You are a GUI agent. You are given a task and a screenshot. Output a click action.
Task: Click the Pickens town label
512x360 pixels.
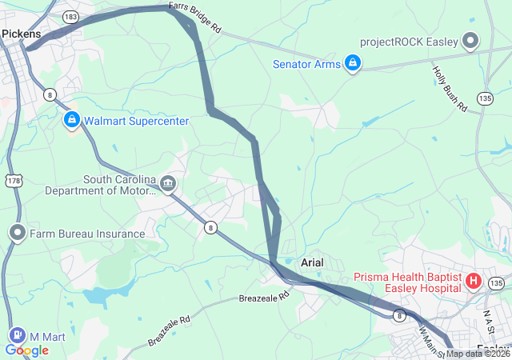pos(22,34)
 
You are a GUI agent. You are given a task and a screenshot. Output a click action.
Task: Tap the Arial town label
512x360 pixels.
pos(315,262)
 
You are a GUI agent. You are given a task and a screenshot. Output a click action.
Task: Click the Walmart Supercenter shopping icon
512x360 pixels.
pos(72,121)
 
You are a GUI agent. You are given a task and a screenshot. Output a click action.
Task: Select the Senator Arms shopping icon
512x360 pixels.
pos(352,63)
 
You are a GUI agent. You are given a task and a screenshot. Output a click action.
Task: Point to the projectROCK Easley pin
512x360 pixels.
pos(470,40)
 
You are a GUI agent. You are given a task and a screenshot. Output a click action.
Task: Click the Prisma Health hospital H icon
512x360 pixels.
pos(473,281)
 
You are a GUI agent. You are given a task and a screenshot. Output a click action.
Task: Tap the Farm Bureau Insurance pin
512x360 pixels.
pos(18,234)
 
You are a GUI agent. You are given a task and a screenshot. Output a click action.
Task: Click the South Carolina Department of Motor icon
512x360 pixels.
pos(168,185)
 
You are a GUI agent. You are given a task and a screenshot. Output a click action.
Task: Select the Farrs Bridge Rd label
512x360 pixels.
pos(195,18)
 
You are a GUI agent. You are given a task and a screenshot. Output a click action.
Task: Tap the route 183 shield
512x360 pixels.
pos(71,16)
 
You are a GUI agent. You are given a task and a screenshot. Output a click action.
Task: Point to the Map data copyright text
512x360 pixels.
pos(478,354)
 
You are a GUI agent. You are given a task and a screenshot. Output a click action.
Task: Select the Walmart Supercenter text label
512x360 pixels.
pos(136,121)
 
